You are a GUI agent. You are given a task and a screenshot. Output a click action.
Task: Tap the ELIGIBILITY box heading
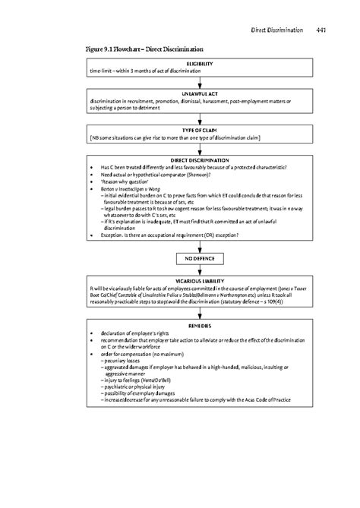click(200, 63)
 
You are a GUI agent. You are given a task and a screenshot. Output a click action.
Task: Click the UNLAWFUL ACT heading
click(200, 94)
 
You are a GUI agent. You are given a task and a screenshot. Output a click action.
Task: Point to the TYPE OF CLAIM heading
click(200, 131)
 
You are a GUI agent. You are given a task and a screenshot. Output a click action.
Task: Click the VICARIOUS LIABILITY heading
click(200, 282)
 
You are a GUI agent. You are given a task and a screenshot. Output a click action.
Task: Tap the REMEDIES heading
click(200, 325)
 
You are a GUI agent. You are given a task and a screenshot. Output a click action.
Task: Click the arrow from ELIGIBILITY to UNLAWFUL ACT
click(200, 80)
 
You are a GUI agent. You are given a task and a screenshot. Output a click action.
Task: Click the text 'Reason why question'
click(125, 183)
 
